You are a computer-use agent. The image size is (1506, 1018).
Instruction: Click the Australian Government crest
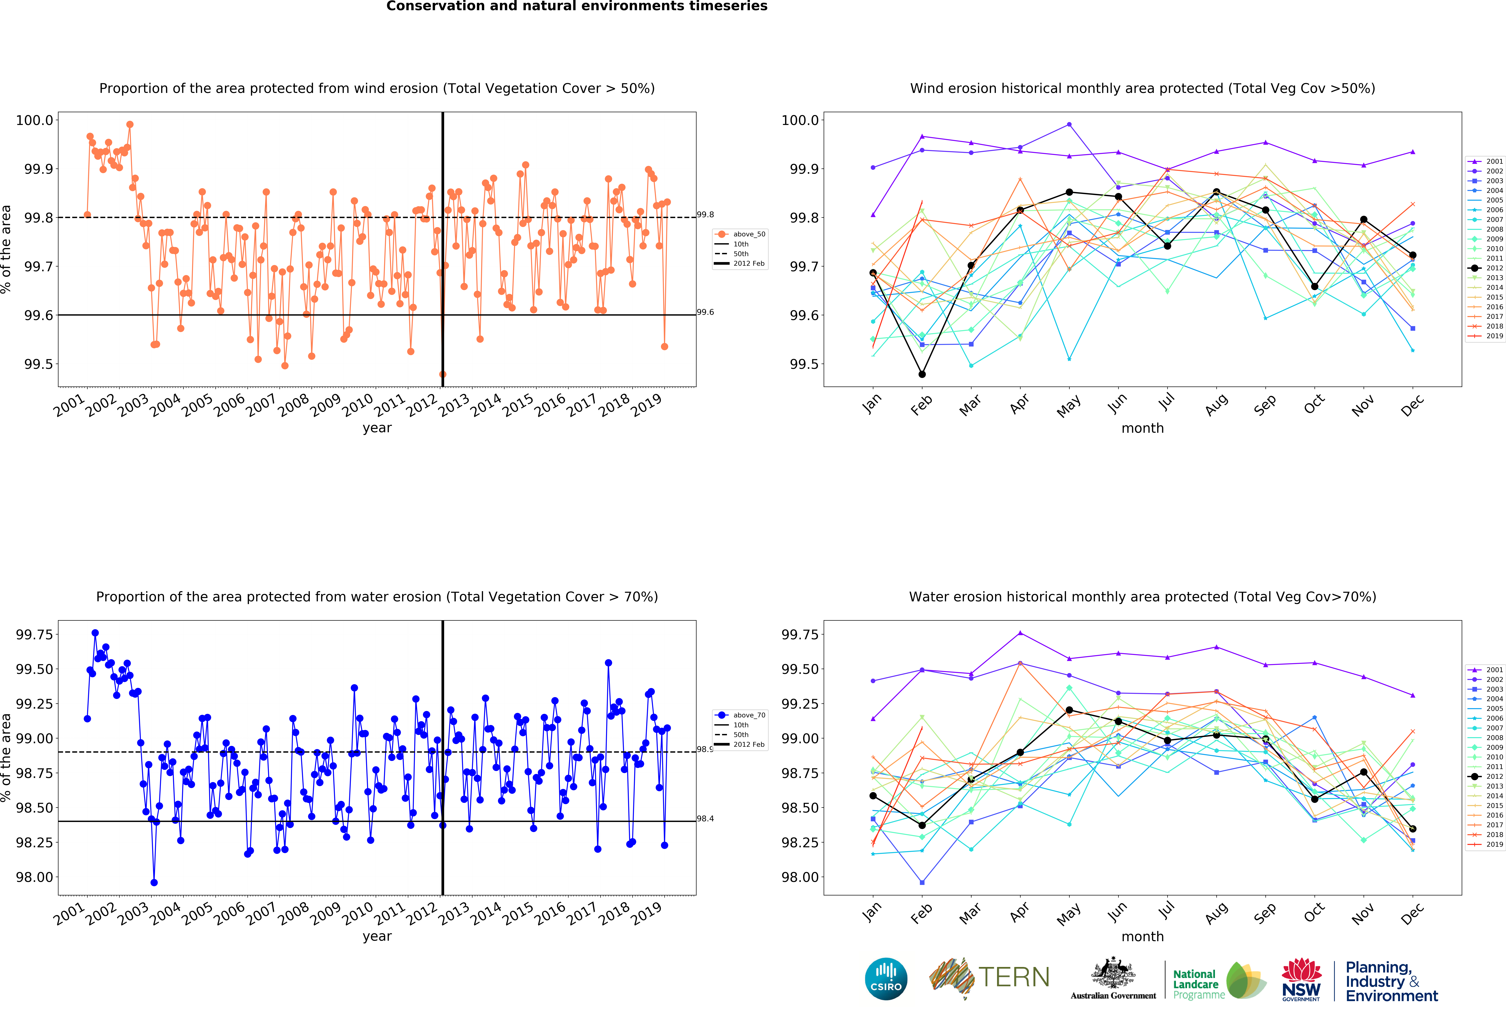click(1113, 973)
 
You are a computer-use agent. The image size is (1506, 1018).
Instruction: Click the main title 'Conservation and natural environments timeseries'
click(577, 7)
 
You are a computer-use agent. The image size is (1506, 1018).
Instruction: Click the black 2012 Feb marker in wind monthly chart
click(921, 374)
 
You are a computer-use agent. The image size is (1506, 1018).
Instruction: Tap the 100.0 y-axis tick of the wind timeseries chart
click(34, 120)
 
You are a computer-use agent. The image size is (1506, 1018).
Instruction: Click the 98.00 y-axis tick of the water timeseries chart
click(34, 877)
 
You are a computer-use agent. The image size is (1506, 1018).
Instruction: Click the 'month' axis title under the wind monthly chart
click(1142, 428)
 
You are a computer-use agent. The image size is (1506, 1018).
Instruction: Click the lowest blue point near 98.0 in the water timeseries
click(154, 883)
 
